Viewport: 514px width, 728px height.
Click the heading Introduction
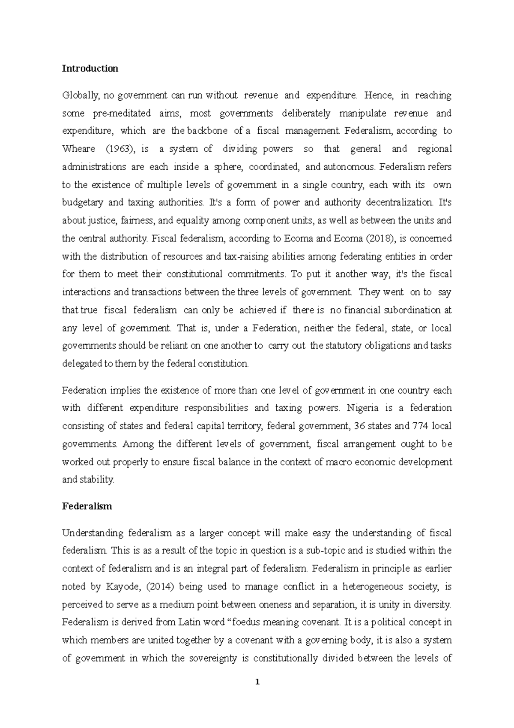click(x=90, y=69)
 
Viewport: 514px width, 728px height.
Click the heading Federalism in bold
click(x=87, y=506)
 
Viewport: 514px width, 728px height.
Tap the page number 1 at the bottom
click(x=257, y=682)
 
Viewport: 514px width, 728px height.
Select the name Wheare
click(x=79, y=149)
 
